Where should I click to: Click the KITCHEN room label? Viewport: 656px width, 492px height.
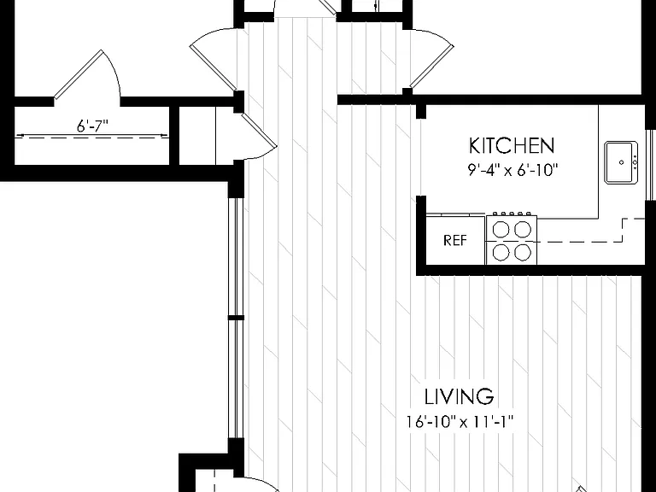click(512, 145)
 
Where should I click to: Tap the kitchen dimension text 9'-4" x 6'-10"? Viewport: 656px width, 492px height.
click(512, 170)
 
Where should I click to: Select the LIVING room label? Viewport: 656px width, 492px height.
click(459, 396)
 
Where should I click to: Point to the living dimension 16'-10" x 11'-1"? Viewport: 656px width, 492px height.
click(459, 421)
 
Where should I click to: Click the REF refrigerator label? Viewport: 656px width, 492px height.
click(454, 240)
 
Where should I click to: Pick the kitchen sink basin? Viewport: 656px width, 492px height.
click(621, 162)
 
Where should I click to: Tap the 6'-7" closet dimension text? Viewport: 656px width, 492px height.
click(92, 126)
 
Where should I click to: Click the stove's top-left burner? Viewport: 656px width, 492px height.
click(501, 229)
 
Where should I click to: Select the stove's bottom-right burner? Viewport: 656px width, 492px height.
click(523, 252)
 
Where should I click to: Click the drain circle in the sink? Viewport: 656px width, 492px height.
click(621, 162)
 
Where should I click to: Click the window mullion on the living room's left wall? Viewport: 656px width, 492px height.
click(236, 318)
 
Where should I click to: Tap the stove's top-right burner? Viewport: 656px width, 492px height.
click(523, 229)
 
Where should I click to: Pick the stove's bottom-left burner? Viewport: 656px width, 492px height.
click(501, 252)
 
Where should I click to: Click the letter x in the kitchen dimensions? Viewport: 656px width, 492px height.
click(507, 172)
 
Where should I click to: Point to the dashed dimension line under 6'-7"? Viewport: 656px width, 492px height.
click(91, 136)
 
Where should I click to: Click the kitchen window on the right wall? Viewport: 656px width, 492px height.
click(651, 164)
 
